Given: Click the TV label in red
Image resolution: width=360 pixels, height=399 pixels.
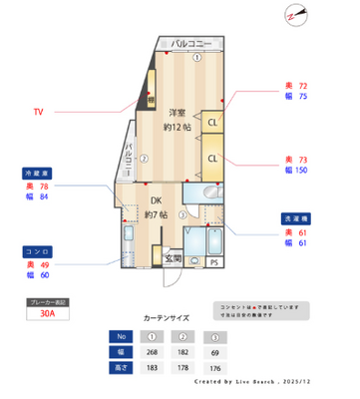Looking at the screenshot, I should point(39,112).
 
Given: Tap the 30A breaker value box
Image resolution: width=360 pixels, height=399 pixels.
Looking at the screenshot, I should point(48,311).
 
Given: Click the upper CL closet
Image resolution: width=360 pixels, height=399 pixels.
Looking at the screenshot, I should point(213,123).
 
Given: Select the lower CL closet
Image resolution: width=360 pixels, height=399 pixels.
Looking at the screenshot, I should point(213,159).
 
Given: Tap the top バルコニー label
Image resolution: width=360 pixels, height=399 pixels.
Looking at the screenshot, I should point(190,44).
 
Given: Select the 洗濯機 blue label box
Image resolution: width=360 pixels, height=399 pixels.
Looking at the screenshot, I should point(301,216).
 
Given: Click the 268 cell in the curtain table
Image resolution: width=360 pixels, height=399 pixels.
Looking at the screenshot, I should point(151,352).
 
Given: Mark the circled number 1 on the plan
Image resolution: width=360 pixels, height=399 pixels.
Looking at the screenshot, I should point(197,58).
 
